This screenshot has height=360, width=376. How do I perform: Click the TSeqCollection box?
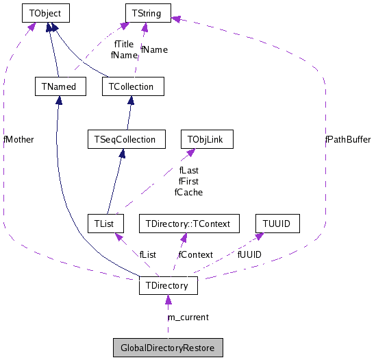tap(122, 139)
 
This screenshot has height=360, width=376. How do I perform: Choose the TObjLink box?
tap(206, 139)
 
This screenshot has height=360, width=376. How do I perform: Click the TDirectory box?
tap(168, 285)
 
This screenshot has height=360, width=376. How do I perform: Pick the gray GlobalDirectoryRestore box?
tap(168, 348)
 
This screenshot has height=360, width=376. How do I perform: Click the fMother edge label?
tap(18, 139)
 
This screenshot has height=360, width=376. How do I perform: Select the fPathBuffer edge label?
tap(347, 139)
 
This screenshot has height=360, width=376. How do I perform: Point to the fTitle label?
tap(123, 45)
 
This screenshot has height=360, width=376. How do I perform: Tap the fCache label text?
tap(188, 192)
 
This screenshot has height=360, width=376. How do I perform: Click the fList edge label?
tap(148, 254)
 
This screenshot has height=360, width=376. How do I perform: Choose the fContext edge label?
tap(195, 254)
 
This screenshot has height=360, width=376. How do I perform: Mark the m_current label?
tap(188, 317)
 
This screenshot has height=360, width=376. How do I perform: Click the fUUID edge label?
tap(249, 254)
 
